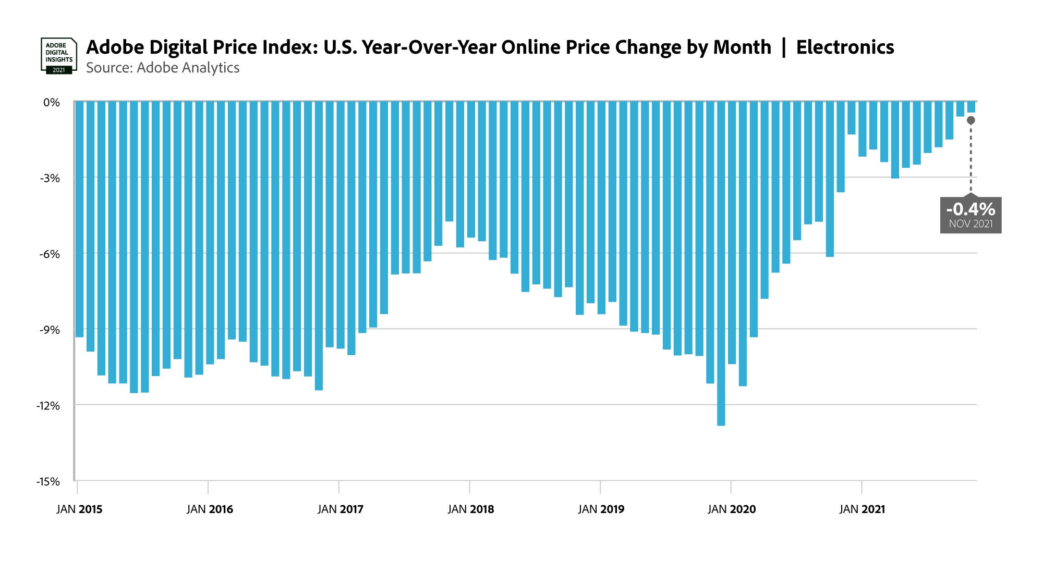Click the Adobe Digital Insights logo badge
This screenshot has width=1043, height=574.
point(58,55)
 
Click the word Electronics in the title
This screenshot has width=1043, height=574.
point(845,47)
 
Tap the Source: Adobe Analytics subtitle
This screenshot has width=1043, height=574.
point(163,68)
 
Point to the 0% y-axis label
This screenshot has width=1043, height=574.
point(52,103)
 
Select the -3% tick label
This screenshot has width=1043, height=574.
point(50,179)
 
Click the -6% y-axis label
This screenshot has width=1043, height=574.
point(50,254)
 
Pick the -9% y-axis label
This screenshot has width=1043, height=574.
point(50,330)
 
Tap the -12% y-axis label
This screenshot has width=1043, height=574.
point(48,406)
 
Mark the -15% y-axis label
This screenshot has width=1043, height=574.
point(48,482)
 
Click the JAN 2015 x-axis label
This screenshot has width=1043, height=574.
point(79,509)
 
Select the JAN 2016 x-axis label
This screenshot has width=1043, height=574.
point(210,509)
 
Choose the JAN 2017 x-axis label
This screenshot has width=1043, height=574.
point(340,509)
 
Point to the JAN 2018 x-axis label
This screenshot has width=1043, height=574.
point(470,509)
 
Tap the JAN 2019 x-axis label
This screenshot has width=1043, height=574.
point(601,509)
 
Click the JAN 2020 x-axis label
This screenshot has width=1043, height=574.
point(732,509)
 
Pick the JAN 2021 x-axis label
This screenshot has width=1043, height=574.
point(862,509)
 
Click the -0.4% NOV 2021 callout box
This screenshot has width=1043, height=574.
point(971,215)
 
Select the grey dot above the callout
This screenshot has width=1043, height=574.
point(971,120)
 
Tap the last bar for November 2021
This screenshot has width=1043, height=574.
point(971,107)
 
